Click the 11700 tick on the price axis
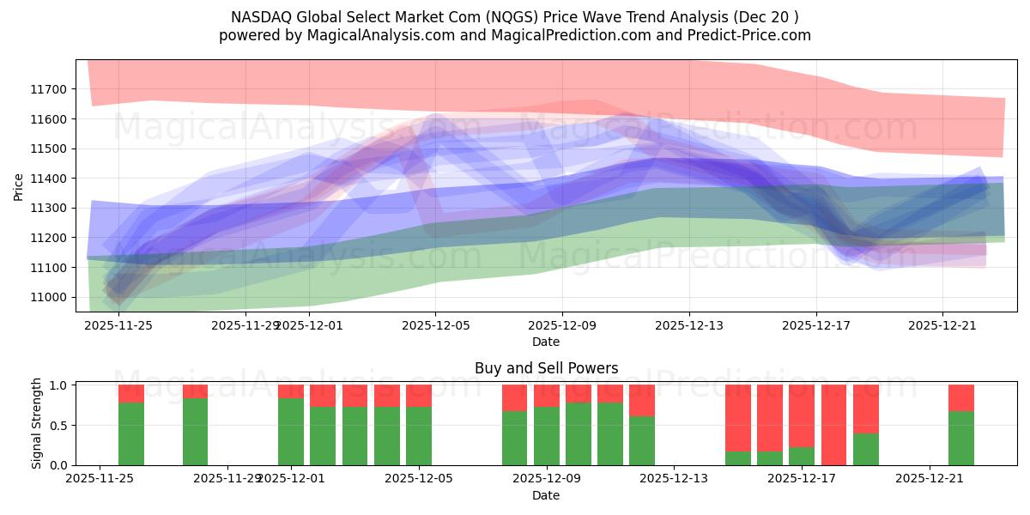[x=48, y=89]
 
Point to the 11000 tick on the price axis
[x=48, y=298]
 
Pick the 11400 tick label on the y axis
[x=48, y=179]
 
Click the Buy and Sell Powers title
[x=546, y=368]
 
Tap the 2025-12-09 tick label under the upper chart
[x=562, y=325]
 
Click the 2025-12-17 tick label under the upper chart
[x=816, y=325]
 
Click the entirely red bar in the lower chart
[x=833, y=425]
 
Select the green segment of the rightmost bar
[x=961, y=439]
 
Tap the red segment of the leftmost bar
[x=131, y=393]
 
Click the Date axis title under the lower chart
[x=546, y=495]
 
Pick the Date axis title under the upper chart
[x=546, y=342]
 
